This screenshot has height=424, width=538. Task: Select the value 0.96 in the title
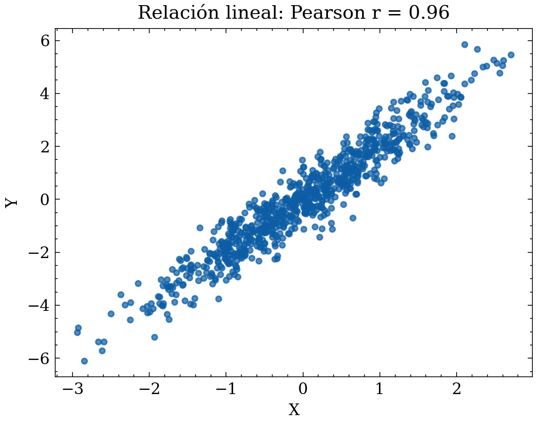[429, 13]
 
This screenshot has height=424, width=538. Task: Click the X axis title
[294, 410]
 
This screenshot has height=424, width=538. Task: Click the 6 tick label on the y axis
[45, 41]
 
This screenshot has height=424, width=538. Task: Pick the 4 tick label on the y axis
[45, 93]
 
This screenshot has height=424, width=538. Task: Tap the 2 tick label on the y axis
[45, 146]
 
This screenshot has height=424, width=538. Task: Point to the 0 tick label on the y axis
[45, 200]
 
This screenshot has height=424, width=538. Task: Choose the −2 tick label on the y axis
[39, 252]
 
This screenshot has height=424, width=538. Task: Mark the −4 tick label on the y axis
[39, 305]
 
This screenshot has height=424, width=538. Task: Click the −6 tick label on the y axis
[39, 359]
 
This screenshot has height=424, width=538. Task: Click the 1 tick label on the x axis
[379, 389]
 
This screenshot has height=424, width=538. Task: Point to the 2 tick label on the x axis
[456, 389]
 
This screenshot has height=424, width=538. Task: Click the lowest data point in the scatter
[84, 361]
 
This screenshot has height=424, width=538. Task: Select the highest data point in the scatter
[465, 44]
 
